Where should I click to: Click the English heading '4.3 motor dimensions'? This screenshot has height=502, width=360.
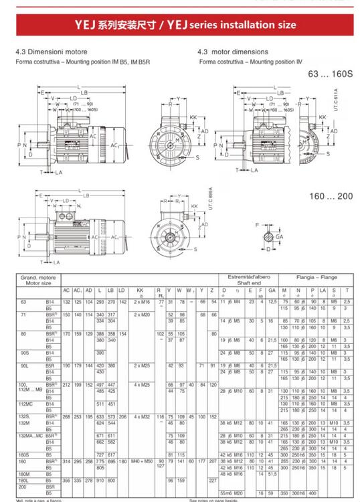[233, 52]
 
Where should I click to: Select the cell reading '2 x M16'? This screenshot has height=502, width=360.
[141, 303]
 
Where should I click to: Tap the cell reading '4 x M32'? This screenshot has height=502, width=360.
[141, 416]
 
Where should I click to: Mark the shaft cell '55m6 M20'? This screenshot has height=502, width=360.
[231, 492]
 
